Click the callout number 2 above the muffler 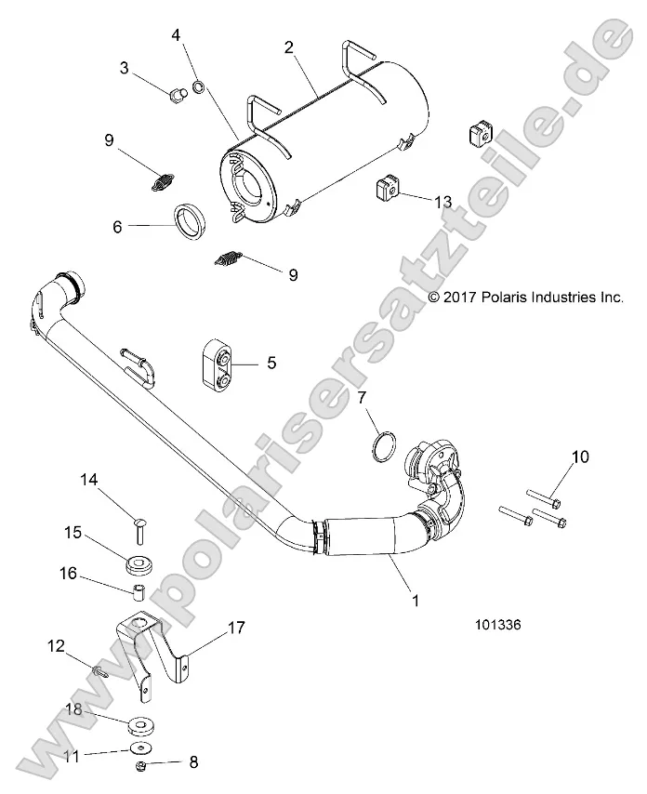click(290, 46)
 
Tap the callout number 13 click(442, 202)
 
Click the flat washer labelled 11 click(141, 747)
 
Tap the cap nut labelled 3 click(175, 94)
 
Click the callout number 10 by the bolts click(580, 457)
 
